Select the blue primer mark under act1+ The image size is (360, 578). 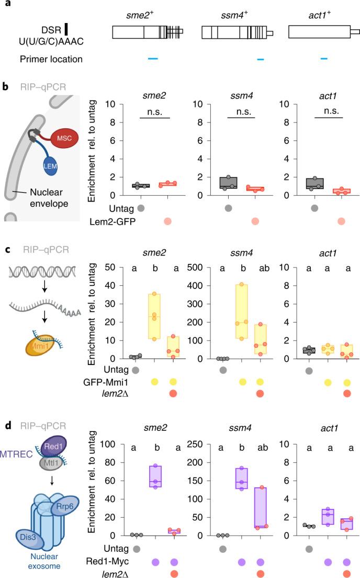click(324, 59)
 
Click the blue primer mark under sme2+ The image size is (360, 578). click(153, 59)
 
